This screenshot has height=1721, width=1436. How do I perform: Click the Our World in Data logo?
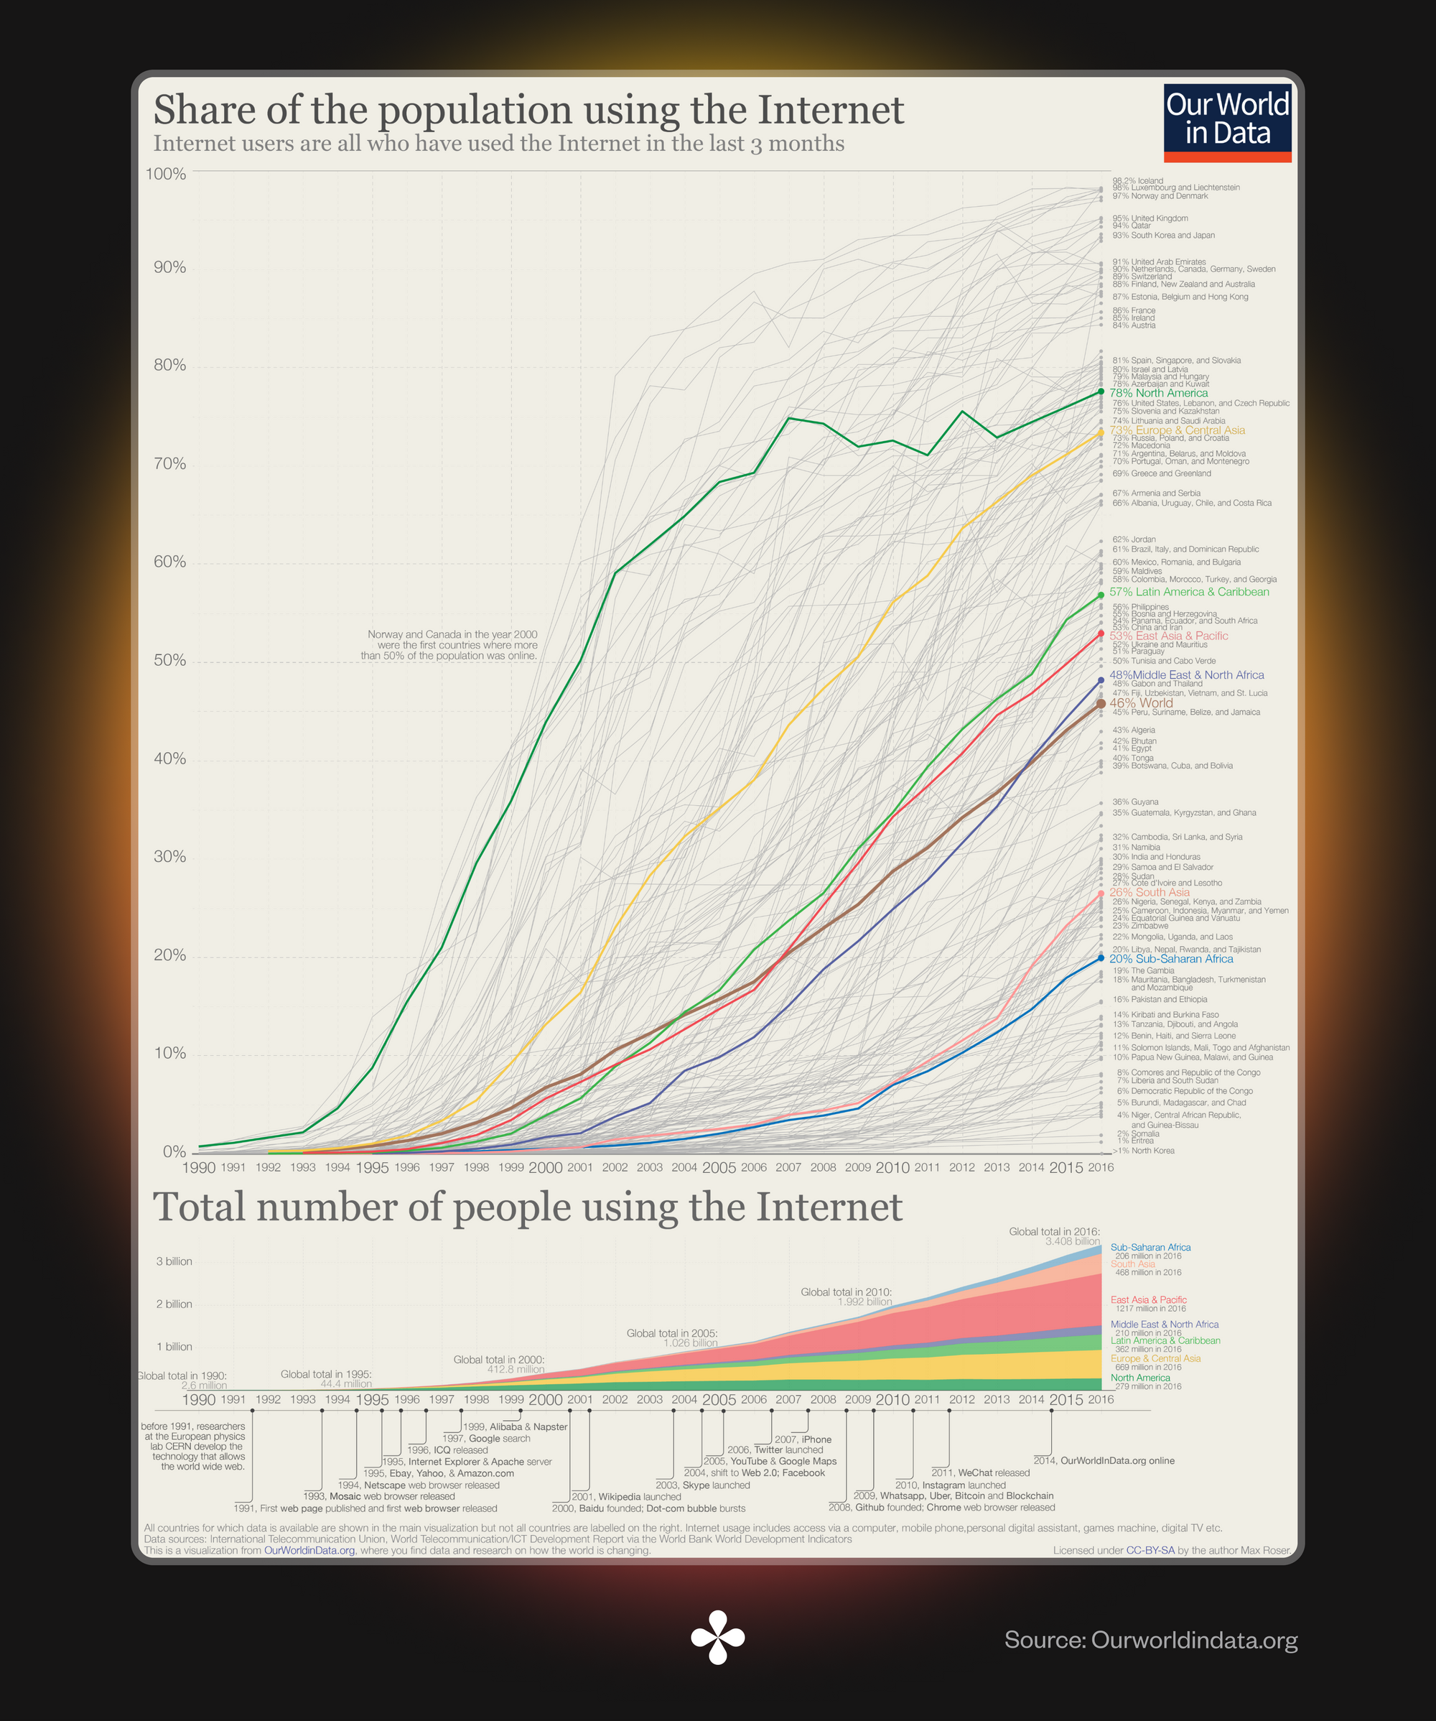(1227, 122)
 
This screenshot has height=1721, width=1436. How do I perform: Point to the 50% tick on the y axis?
(169, 661)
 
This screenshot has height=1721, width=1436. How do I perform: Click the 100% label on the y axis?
(167, 174)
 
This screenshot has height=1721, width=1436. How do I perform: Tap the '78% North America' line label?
(1157, 394)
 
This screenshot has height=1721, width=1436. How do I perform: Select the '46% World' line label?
(1140, 703)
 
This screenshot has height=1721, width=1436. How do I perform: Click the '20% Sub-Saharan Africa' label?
(1170, 959)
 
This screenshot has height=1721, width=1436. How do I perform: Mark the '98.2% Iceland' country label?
(1137, 180)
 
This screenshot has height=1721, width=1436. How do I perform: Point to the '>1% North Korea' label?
(1143, 1151)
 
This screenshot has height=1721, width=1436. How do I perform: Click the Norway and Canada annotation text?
(449, 645)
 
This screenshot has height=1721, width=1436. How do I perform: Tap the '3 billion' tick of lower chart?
(174, 1261)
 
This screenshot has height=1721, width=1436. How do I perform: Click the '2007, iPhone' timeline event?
(803, 1439)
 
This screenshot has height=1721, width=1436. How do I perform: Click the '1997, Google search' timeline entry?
(486, 1438)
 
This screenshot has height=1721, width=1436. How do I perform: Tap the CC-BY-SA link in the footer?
(1150, 1551)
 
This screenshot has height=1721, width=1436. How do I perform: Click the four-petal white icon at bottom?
(717, 1638)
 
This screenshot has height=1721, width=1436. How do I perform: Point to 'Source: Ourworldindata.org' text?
(1150, 1640)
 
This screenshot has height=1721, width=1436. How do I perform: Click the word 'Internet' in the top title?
(830, 110)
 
